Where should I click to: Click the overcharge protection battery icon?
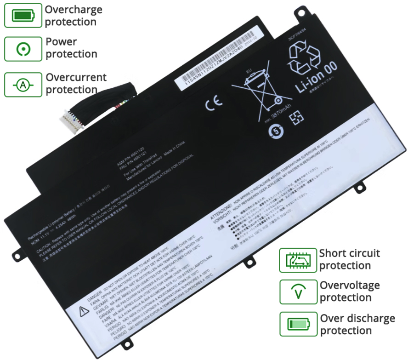(x=23, y=16)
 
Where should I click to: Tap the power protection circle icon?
(x=23, y=49)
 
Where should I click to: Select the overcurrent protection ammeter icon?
(x=23, y=85)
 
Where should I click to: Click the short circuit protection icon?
(x=298, y=260)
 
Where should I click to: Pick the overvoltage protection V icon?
(x=298, y=291)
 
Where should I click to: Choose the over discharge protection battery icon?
(x=298, y=324)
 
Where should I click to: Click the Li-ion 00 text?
(x=317, y=77)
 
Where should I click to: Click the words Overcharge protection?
(x=74, y=16)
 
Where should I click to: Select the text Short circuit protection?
(x=350, y=259)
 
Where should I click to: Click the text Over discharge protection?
(x=357, y=324)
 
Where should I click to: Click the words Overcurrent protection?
(x=76, y=83)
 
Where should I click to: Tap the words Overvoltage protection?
(x=350, y=291)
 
